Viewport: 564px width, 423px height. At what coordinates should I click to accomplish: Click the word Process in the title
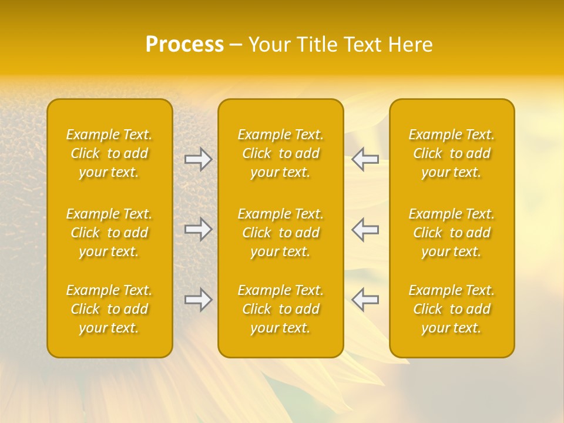pos(184,45)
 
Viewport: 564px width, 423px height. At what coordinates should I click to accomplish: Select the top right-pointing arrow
pos(199,159)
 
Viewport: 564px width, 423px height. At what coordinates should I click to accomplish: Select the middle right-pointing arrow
pos(199,229)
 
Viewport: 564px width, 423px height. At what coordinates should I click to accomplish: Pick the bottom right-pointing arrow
pos(199,300)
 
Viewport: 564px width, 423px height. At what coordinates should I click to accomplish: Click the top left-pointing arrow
pos(365,159)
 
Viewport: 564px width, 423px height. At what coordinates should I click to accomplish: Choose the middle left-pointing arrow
pos(365,229)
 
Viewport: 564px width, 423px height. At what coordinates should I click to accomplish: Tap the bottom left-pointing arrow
pos(365,300)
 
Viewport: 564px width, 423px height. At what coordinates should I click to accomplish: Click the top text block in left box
pos(109,153)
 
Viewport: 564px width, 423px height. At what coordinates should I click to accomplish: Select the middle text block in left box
pos(109,233)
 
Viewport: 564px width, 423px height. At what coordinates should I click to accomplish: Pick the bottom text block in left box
pos(109,309)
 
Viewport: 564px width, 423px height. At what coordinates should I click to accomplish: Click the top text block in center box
pos(280,153)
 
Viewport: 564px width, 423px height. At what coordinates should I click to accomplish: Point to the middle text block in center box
pos(280,233)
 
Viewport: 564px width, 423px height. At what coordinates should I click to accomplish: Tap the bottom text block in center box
pos(280,309)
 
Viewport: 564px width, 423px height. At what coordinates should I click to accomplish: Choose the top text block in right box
pos(451,153)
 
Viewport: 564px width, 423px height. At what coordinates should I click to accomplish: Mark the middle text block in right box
pos(451,233)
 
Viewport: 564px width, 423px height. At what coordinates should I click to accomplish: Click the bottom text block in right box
pos(451,309)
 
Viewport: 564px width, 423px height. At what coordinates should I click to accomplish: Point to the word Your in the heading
pos(268,45)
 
